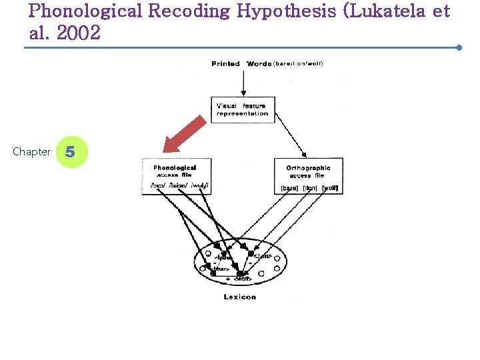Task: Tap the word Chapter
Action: pyautogui.click(x=31, y=152)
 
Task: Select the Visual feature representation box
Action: pyautogui.click(x=242, y=109)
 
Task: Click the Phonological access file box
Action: pyautogui.click(x=177, y=175)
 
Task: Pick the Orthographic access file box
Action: pyautogui.click(x=308, y=175)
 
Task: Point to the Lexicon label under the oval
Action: pyautogui.click(x=240, y=297)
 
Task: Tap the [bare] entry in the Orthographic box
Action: pyautogui.click(x=290, y=189)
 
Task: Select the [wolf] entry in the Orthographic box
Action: pyautogui.click(x=330, y=189)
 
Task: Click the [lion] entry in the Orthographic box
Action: pyautogui.click(x=310, y=189)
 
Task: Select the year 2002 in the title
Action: pyautogui.click(x=79, y=33)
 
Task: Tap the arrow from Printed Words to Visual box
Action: pyautogui.click(x=245, y=83)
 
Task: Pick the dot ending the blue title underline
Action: pyautogui.click(x=459, y=48)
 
